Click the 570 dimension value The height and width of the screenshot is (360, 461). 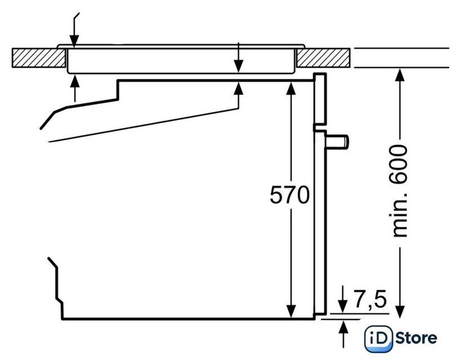(289, 195)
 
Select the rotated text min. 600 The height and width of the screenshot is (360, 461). (400, 191)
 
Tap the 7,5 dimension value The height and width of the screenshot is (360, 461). (370, 299)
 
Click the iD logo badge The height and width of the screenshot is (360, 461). (378, 338)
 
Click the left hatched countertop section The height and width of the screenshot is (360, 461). (38, 57)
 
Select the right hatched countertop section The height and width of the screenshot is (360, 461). (323, 57)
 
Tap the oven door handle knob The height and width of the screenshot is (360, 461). (337, 141)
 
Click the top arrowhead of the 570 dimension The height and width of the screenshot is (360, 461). (291, 88)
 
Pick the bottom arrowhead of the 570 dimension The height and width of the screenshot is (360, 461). (291, 312)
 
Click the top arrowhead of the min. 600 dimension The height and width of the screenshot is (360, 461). (400, 75)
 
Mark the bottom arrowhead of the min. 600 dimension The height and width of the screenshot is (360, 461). (400, 312)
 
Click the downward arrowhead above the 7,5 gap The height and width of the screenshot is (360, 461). (343, 307)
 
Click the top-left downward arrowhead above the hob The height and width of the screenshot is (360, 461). (74, 40)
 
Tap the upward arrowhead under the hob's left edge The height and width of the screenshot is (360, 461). (75, 82)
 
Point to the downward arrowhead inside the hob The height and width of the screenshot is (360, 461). (239, 66)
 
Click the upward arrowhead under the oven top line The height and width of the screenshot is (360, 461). (239, 88)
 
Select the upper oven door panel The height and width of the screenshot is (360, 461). (320, 99)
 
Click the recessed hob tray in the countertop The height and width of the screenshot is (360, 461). (181, 61)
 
